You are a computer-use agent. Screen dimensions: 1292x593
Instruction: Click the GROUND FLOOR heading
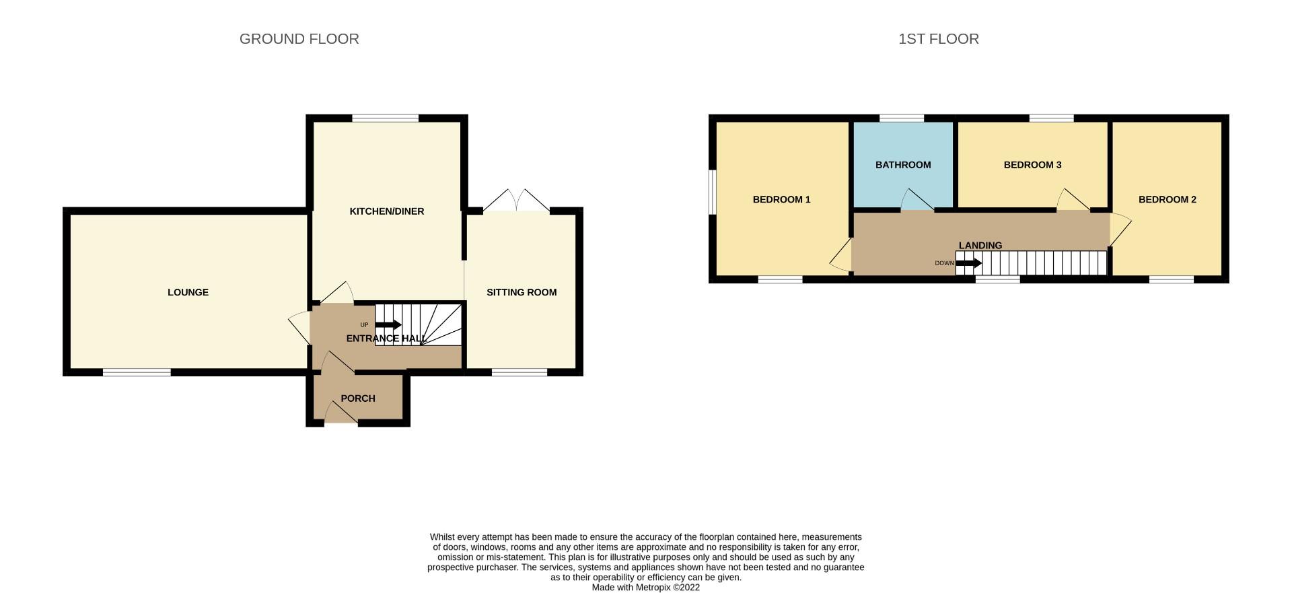[x=299, y=39]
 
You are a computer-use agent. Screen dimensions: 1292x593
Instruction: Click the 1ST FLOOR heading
[x=939, y=39]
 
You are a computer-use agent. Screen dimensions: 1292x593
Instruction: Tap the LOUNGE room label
[x=188, y=292]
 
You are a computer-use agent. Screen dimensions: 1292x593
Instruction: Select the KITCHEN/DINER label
[x=387, y=211]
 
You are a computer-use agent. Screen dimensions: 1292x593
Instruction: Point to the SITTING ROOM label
[x=522, y=292]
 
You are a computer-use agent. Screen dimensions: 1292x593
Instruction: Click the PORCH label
[x=358, y=398]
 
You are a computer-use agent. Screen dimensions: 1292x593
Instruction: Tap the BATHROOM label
[x=903, y=165]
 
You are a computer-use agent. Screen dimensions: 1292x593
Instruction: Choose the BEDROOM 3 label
[x=1032, y=165]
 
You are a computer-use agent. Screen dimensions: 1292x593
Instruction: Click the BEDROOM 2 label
[x=1168, y=199]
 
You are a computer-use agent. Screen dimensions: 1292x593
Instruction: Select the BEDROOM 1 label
[x=781, y=199]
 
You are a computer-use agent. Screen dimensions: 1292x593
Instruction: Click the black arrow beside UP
[x=388, y=325]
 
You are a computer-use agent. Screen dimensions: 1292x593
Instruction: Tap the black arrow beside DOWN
[x=968, y=263]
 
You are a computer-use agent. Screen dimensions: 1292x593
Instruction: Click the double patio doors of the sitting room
[x=516, y=201]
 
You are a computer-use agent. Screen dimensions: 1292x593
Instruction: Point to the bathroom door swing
[x=917, y=200]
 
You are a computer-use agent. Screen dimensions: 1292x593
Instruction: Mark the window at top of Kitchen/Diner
[x=386, y=118]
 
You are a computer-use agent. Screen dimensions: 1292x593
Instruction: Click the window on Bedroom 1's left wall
[x=712, y=192]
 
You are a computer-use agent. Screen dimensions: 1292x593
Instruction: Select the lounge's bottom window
[x=137, y=372]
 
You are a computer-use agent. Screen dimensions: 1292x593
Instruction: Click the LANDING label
[x=980, y=246]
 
